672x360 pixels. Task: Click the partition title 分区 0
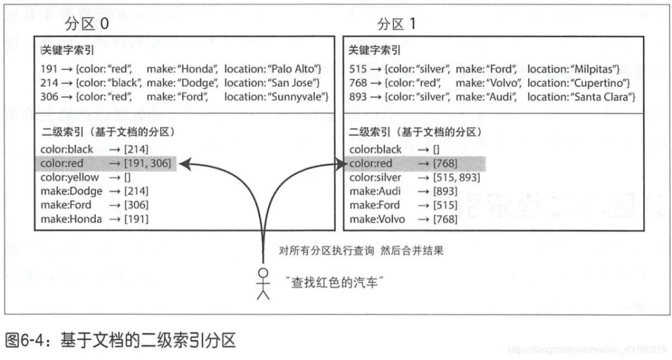click(x=86, y=24)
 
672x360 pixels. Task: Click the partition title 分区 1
click(x=396, y=24)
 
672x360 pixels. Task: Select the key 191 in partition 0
click(x=49, y=68)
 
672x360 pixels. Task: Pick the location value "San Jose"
click(x=295, y=83)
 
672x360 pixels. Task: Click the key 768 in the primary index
click(x=358, y=83)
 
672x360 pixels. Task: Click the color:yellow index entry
click(x=70, y=177)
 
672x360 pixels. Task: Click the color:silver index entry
click(x=376, y=177)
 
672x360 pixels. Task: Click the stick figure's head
click(x=263, y=273)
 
